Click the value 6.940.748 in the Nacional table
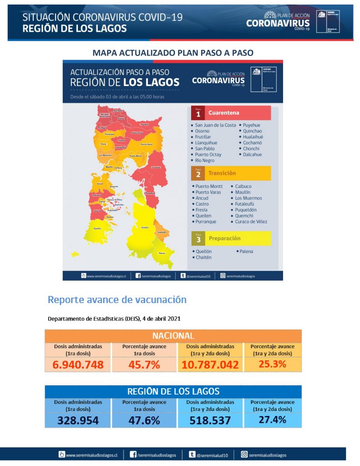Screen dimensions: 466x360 click(78, 365)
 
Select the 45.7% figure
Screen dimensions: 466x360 click(144, 365)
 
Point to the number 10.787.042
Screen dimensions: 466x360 click(210, 365)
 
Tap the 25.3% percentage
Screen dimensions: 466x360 click(272, 364)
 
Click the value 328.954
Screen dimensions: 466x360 click(78, 420)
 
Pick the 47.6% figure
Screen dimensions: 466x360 click(144, 420)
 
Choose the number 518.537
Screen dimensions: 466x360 click(210, 420)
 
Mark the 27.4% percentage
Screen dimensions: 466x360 click(272, 420)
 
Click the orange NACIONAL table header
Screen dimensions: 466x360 click(173, 336)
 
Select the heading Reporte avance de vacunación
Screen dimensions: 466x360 click(117, 299)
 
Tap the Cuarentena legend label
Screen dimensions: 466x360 click(223, 113)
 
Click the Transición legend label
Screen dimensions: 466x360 click(222, 173)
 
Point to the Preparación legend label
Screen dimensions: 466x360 click(224, 238)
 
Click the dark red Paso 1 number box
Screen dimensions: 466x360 click(198, 113)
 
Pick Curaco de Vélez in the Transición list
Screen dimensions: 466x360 click(251, 222)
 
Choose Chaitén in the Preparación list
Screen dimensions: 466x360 click(203, 257)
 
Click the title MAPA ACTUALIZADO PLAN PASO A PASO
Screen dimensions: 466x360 click(172, 53)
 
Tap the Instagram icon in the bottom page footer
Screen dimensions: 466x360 click(244, 454)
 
